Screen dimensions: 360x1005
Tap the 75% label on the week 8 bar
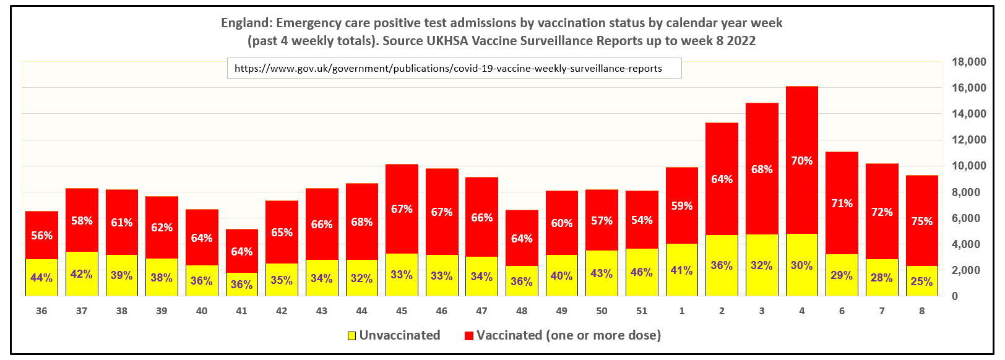pos(922,221)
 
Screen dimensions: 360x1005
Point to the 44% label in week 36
pos(41,278)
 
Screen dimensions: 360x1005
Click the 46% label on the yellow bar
pos(642,272)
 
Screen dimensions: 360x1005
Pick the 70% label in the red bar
pos(802,161)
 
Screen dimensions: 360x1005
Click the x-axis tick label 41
pos(241,311)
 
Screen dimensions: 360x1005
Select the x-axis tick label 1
pos(682,311)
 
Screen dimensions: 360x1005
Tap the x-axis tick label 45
pos(402,311)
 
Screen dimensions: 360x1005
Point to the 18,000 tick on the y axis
pos(968,62)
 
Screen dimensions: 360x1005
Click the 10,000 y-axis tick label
pos(968,166)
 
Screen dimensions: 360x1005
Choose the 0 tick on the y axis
pos(955,296)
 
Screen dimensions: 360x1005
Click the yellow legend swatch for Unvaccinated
pos(352,336)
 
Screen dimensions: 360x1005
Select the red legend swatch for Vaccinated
pos(469,336)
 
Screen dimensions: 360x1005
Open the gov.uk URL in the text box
pos(448,69)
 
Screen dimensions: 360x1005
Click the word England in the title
pos(246,24)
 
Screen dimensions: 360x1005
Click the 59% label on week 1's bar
pos(682,206)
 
